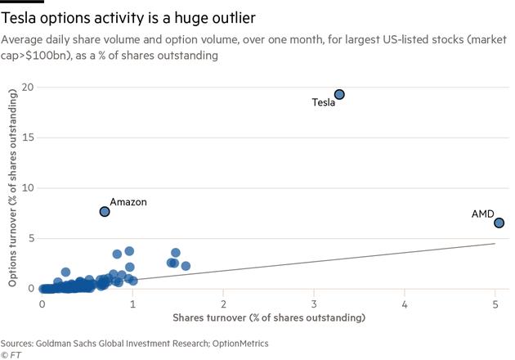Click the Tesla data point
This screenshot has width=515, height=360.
(339, 95)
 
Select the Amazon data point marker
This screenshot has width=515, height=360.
(105, 212)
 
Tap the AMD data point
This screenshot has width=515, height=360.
(499, 223)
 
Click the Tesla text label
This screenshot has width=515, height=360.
(324, 103)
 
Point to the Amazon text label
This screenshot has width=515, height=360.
(128, 202)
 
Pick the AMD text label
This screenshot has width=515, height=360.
(482, 214)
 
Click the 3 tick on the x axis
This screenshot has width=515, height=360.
(314, 303)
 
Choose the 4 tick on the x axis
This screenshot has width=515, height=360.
(405, 303)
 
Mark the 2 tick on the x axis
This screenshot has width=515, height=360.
(223, 303)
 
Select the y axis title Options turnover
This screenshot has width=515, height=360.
(14, 188)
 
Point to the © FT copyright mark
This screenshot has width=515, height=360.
(11, 354)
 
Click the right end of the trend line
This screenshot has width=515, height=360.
(495, 243)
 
